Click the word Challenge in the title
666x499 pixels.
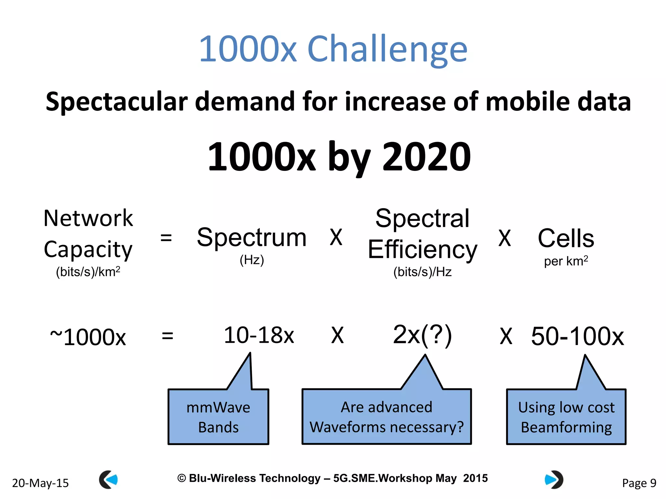(x=387, y=49)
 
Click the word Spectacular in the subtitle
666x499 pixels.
(x=116, y=101)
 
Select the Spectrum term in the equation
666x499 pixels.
(x=252, y=237)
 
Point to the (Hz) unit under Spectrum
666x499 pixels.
(x=252, y=260)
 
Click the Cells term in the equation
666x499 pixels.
(x=566, y=238)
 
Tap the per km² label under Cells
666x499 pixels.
(x=566, y=261)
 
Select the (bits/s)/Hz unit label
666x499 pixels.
(x=422, y=272)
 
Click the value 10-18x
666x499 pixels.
(x=259, y=335)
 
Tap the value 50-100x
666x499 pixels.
(x=577, y=336)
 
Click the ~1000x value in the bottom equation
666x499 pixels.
(x=88, y=337)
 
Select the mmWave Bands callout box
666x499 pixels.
(x=218, y=417)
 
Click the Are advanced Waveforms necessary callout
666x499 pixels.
(x=386, y=417)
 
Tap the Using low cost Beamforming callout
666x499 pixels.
(x=566, y=417)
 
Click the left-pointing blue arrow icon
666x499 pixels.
(x=109, y=480)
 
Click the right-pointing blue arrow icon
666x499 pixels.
(x=554, y=480)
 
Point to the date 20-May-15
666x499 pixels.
(x=40, y=483)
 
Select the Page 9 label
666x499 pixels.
(x=639, y=483)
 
